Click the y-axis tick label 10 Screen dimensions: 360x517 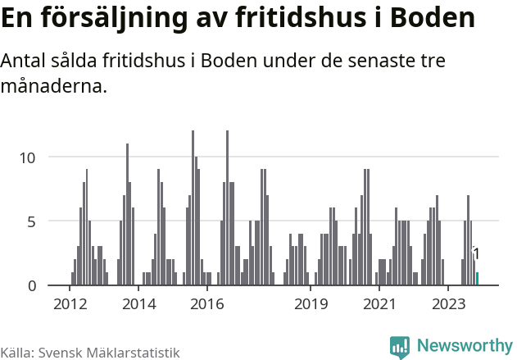click(x=29, y=157)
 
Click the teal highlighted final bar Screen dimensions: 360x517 click(x=477, y=279)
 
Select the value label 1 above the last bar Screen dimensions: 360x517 click(x=476, y=254)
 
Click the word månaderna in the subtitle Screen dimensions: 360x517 click(x=54, y=86)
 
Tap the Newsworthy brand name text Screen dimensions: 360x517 click(x=464, y=346)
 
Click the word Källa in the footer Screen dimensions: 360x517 click(x=16, y=353)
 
